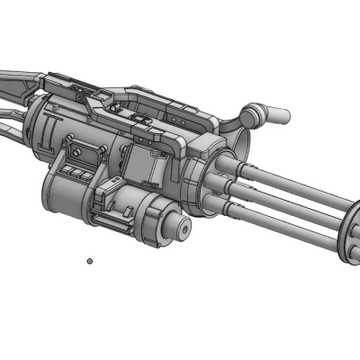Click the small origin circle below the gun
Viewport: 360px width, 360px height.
90,261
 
